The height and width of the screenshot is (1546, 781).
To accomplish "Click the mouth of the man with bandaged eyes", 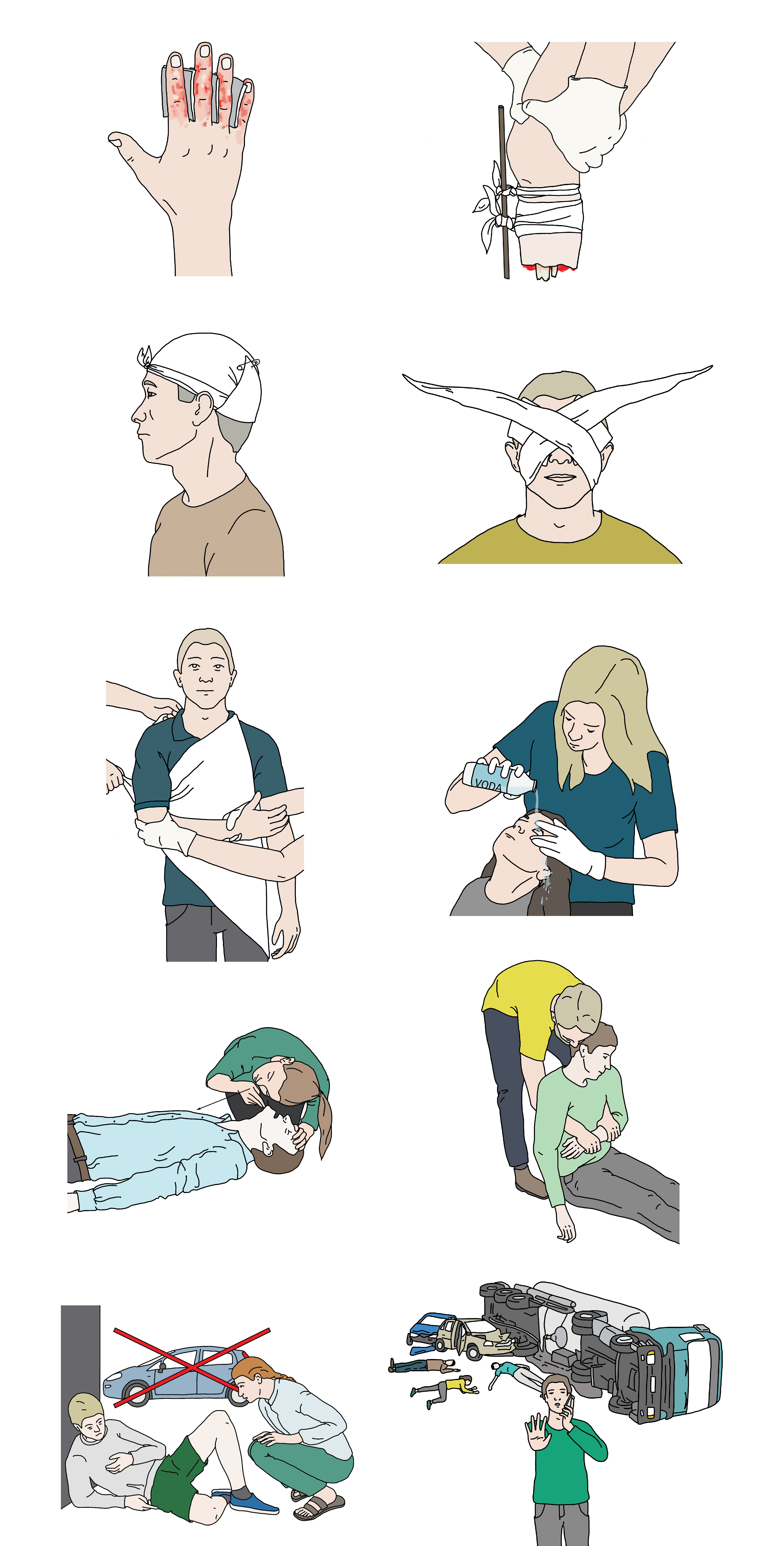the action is pos(560,478).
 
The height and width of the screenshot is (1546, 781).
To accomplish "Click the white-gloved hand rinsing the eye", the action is pos(567,846).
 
